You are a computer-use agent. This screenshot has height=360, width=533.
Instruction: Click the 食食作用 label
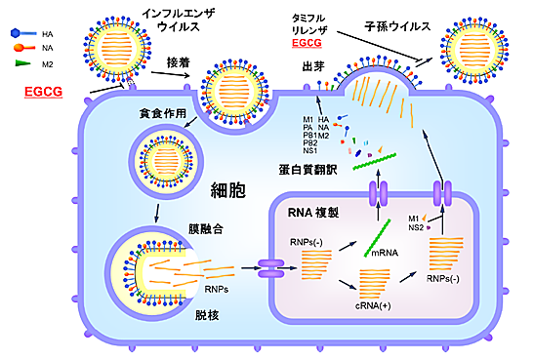[x=162, y=115]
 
